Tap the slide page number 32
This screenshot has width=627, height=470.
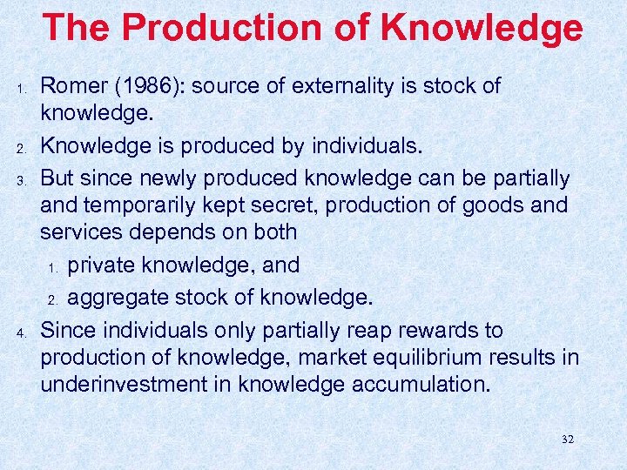click(x=566, y=440)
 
